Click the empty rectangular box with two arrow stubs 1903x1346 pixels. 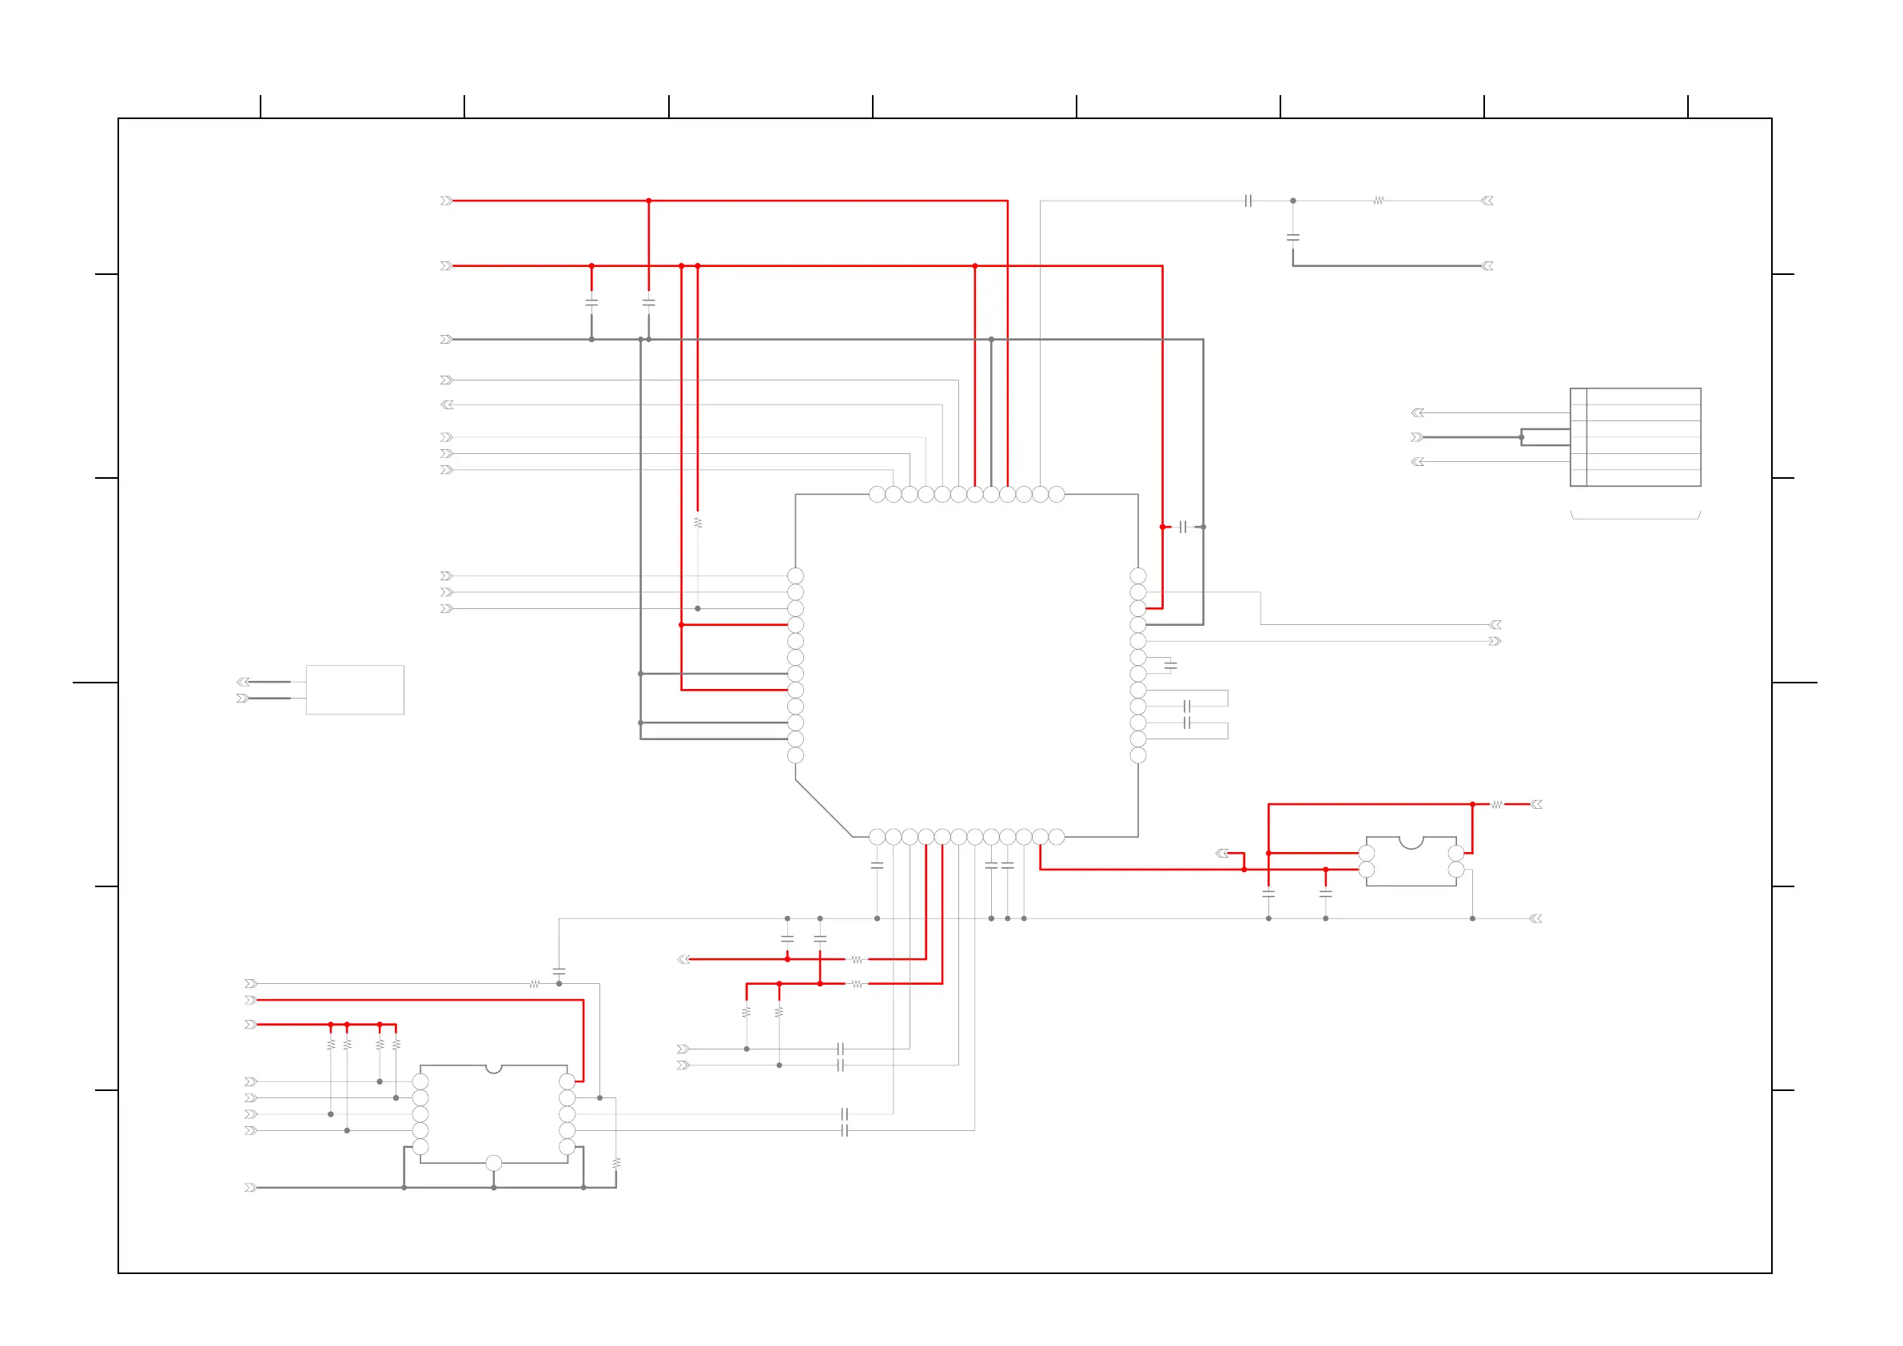click(x=355, y=690)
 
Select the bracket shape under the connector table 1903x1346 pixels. click(x=1635, y=516)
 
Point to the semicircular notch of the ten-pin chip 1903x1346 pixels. click(x=493, y=1069)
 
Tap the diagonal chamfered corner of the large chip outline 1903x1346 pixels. click(x=823, y=808)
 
